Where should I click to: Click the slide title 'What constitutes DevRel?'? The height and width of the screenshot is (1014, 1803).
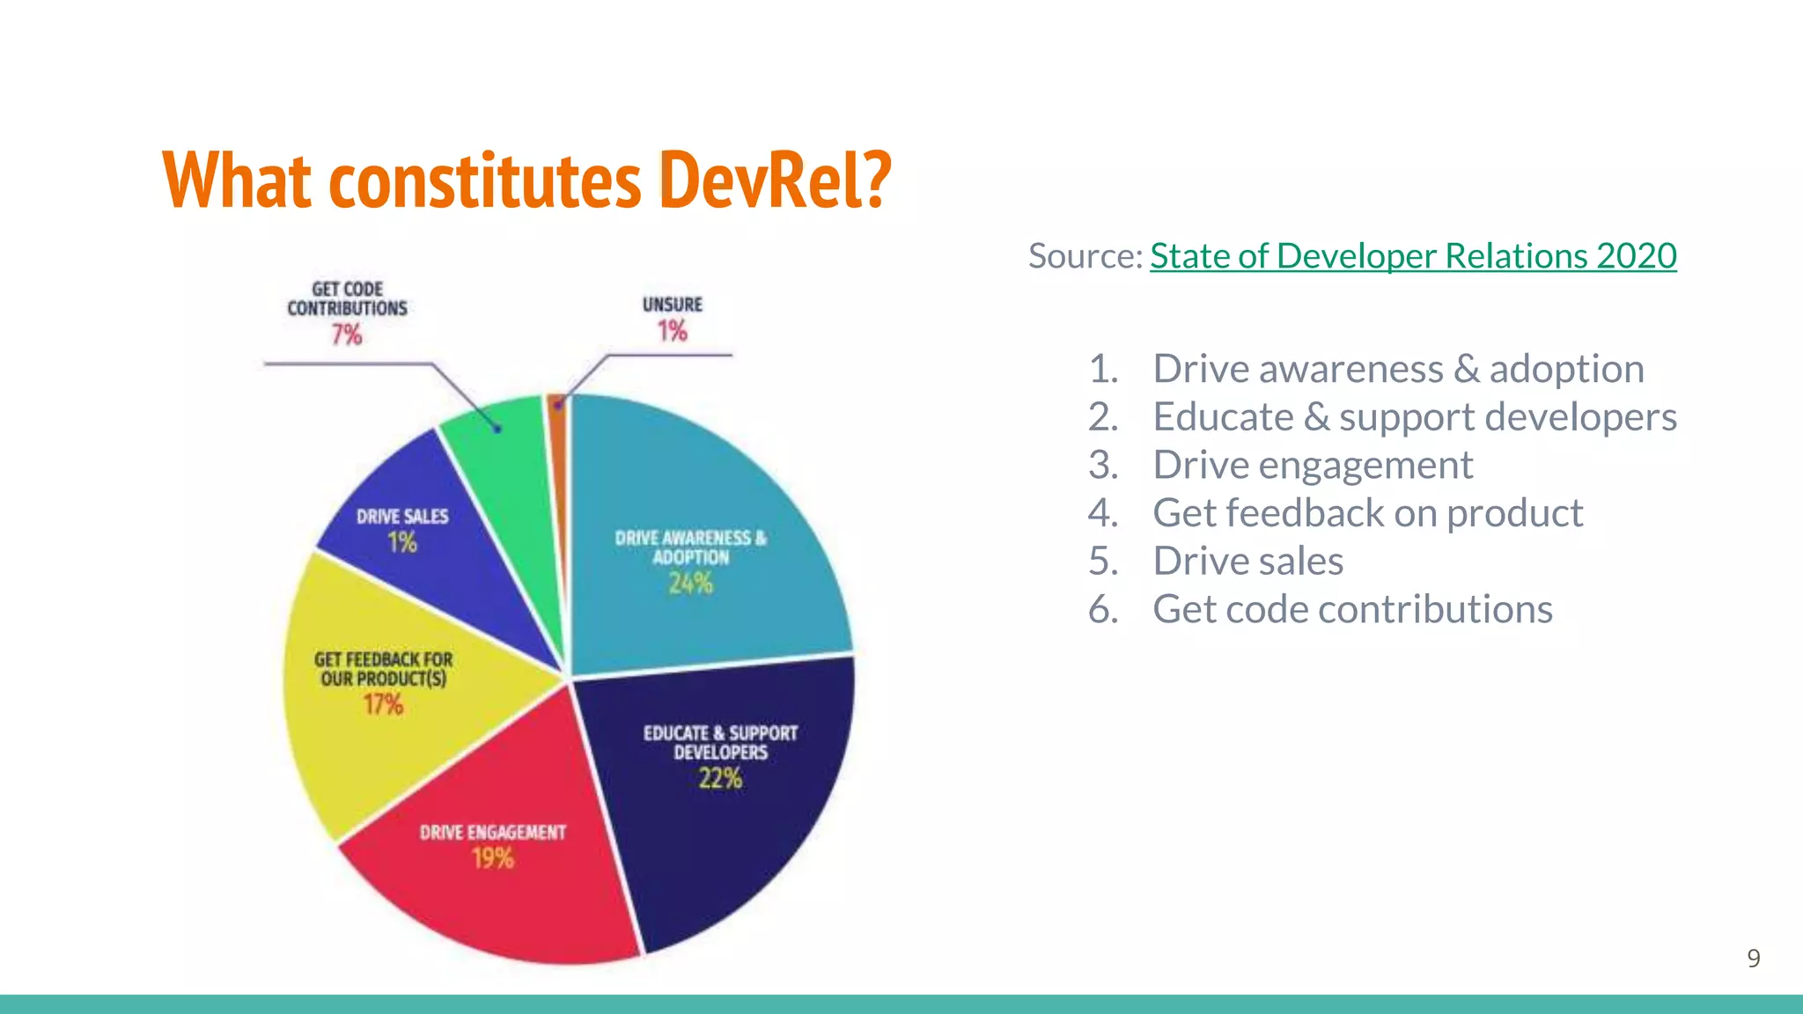(x=526, y=180)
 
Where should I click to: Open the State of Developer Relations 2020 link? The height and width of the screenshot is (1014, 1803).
(x=1412, y=256)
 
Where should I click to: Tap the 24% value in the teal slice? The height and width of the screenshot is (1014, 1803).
(x=690, y=584)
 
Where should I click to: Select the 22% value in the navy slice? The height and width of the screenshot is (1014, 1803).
(x=720, y=779)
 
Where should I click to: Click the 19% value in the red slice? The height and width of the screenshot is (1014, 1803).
(x=492, y=858)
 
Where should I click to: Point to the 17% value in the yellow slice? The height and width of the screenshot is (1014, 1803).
(x=383, y=704)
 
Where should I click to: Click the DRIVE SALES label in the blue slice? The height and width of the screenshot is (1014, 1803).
(x=402, y=517)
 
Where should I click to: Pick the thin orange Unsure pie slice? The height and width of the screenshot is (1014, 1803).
(x=556, y=414)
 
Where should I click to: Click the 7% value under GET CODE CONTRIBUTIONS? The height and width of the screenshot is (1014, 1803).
(x=346, y=335)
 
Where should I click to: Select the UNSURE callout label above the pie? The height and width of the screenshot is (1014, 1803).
(x=673, y=305)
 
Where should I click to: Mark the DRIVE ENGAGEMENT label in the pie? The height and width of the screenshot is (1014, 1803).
(x=492, y=833)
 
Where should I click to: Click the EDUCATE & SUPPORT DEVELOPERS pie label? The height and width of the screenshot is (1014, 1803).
(x=720, y=743)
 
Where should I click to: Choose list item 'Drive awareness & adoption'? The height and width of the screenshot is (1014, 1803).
(x=1398, y=369)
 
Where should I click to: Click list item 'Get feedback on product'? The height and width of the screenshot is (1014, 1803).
(x=1367, y=513)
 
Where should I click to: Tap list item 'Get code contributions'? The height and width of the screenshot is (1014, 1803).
(x=1352, y=609)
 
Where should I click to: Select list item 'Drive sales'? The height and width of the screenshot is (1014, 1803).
(x=1247, y=562)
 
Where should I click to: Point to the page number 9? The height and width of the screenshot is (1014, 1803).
(x=1753, y=959)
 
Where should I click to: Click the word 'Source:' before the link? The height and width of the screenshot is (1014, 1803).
(x=1085, y=256)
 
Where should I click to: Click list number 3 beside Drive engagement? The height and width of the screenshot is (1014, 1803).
(x=1102, y=465)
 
